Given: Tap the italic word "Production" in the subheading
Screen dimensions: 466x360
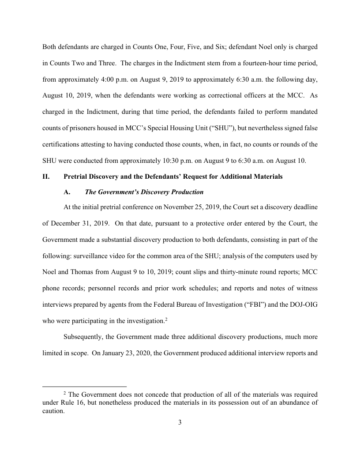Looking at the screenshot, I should point(186,192).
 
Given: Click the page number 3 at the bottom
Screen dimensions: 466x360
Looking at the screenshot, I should point(180,422).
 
